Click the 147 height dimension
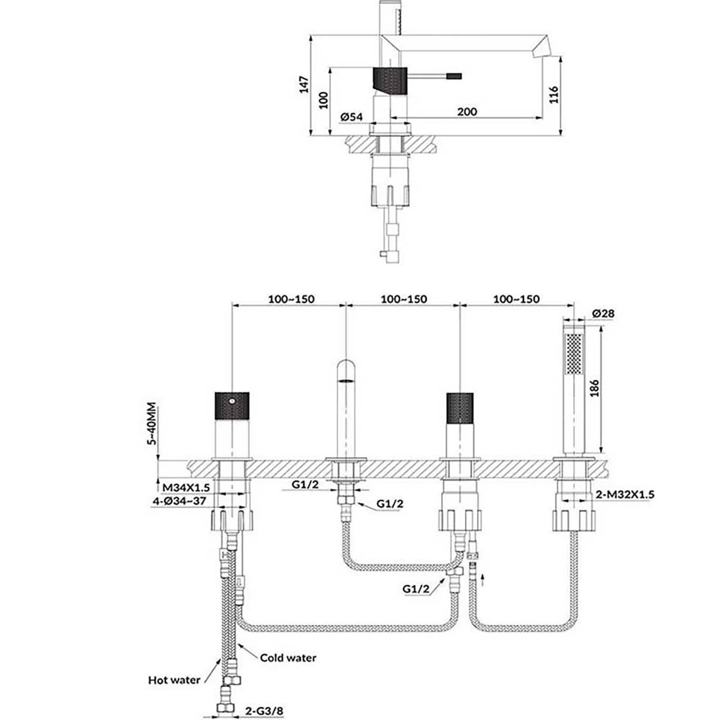(x=305, y=85)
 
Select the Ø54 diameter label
(x=351, y=117)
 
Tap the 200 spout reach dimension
(x=467, y=111)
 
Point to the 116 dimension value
(x=553, y=94)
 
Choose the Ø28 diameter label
(x=603, y=313)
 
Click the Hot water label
(x=174, y=679)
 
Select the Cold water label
(x=288, y=657)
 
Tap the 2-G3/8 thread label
(x=264, y=711)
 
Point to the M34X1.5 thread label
(x=186, y=487)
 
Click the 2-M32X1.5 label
(x=625, y=495)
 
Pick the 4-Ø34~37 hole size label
(x=179, y=500)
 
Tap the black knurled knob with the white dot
(x=232, y=405)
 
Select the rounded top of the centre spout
(x=346, y=367)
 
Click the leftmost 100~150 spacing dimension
(x=291, y=299)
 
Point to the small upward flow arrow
(x=483, y=579)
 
